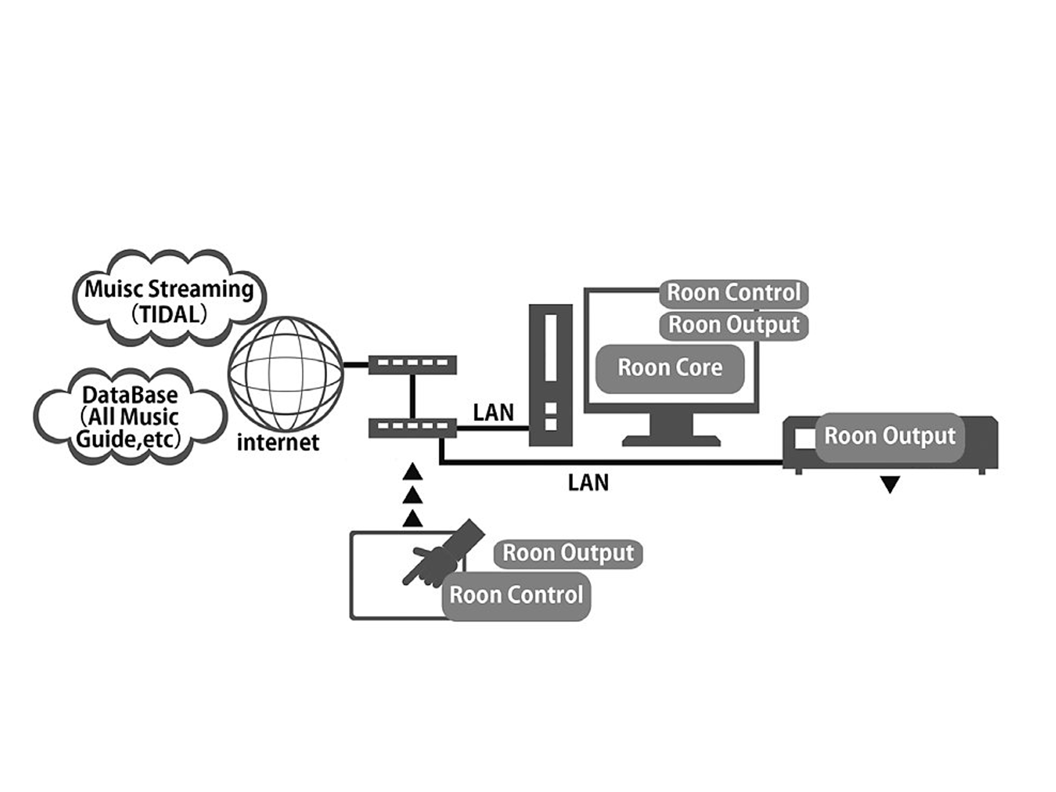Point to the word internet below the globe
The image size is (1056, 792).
click(278, 443)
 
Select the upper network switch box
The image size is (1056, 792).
click(413, 364)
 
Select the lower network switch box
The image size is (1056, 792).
click(413, 428)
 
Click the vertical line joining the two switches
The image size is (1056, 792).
click(413, 396)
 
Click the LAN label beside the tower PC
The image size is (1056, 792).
click(493, 413)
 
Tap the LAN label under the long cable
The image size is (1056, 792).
click(588, 482)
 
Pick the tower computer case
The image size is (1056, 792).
click(550, 375)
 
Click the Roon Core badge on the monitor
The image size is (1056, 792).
click(670, 368)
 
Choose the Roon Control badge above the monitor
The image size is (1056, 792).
click(734, 293)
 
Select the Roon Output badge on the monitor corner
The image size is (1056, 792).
click(734, 326)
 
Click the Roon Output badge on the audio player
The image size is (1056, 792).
click(889, 436)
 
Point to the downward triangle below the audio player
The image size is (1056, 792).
click(890, 484)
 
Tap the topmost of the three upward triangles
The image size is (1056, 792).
click(413, 472)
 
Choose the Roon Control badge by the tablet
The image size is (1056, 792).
click(516, 595)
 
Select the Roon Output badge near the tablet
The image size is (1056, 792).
click(568, 553)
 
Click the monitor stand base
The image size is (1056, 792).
click(671, 441)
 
